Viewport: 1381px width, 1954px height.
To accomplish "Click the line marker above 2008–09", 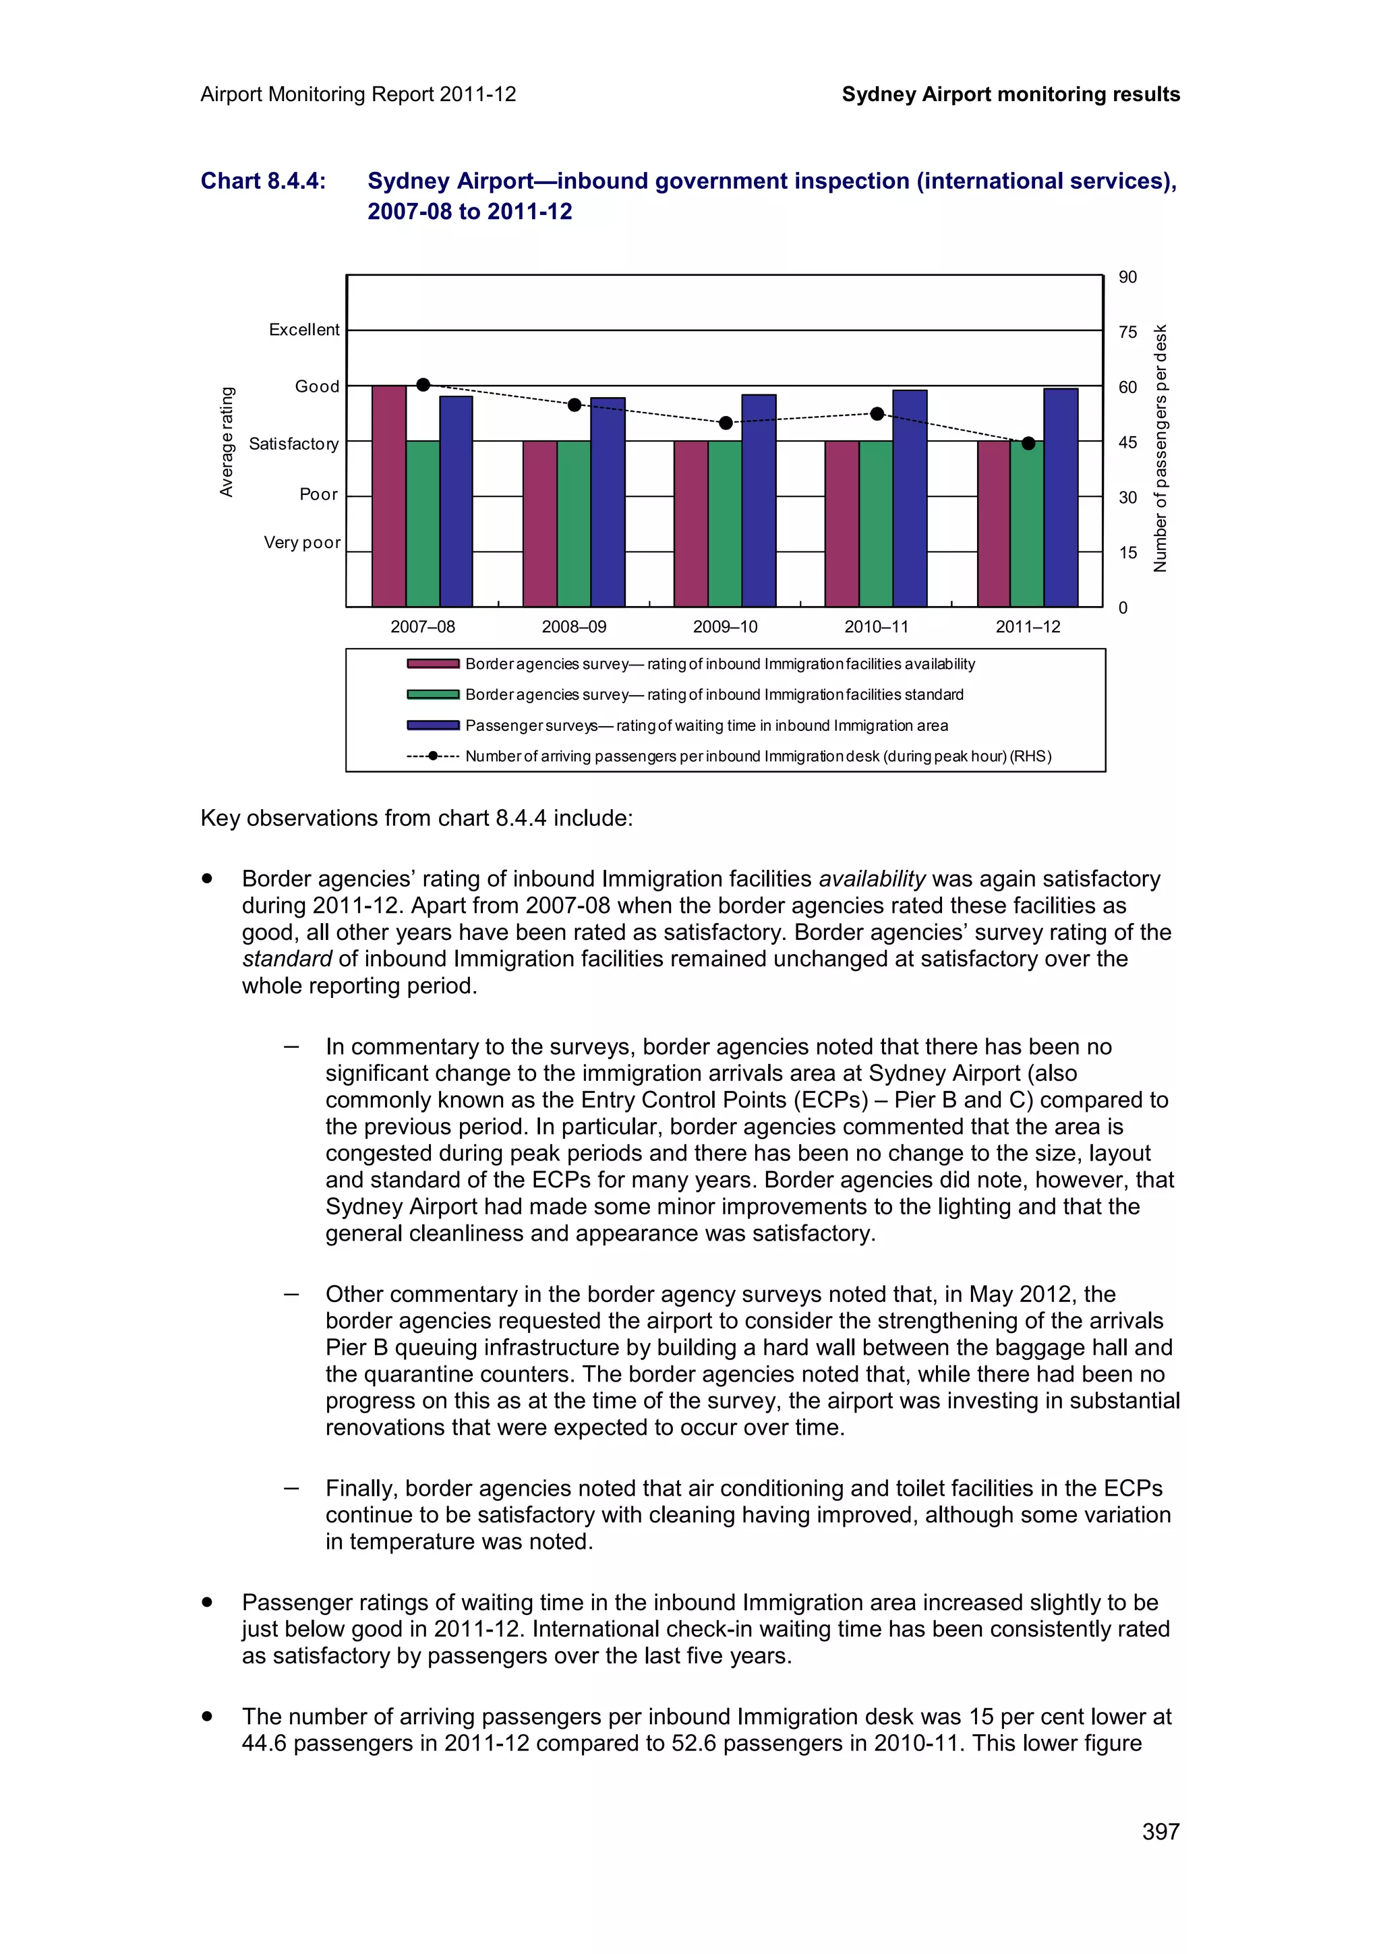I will tap(575, 405).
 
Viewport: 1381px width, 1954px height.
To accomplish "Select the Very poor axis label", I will tap(302, 542).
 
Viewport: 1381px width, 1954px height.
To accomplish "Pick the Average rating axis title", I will tap(227, 442).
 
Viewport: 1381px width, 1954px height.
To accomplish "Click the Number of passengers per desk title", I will tap(1160, 448).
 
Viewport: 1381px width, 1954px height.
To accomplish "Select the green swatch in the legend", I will tap(432, 694).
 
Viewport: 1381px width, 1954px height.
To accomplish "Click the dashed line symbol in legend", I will tap(432, 756).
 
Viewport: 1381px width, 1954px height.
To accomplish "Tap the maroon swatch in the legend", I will tap(432, 664).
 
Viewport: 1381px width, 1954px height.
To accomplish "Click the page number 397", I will tap(1160, 1831).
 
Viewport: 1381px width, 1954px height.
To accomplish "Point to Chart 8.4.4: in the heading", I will tap(263, 181).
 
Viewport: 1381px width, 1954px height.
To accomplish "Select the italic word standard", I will tap(286, 958).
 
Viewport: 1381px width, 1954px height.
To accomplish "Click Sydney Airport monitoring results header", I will tap(1010, 94).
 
